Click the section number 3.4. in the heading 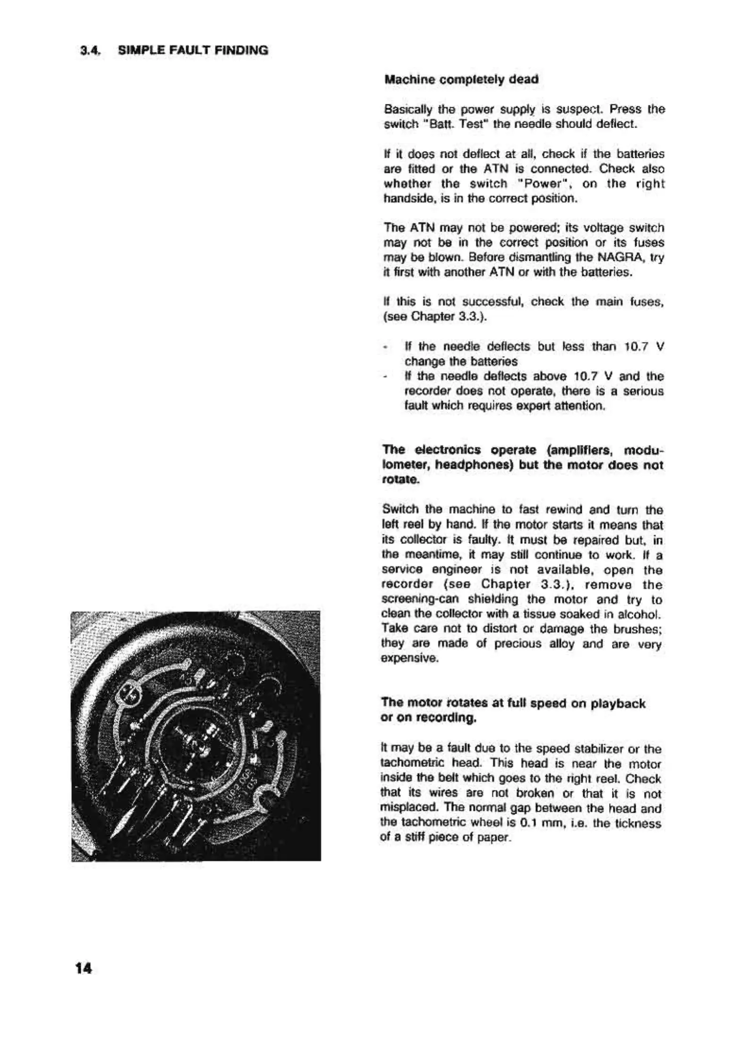(88, 50)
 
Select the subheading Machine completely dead (461, 79)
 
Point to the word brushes (641, 630)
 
